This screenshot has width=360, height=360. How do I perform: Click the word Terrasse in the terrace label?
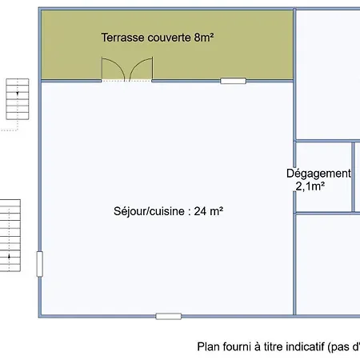122,38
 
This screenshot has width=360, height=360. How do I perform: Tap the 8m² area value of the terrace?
204,38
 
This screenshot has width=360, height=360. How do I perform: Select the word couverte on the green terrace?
169,38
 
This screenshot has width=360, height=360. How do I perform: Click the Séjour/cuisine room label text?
149,211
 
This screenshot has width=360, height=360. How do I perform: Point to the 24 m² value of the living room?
209,211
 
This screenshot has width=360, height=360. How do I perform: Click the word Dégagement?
318,174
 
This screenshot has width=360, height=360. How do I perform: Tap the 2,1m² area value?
310,186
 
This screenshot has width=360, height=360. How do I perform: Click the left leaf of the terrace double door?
113,69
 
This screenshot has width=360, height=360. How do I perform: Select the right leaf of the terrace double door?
141,69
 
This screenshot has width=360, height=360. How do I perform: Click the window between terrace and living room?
233,81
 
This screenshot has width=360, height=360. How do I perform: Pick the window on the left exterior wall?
40,264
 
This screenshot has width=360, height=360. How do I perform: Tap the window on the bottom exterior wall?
169,317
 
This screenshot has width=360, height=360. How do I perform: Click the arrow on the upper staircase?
18,93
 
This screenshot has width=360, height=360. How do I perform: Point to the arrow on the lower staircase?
9,257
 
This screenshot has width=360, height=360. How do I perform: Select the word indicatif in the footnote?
306,347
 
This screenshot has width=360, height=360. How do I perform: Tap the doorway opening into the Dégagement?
294,179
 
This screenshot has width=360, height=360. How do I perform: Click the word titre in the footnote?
274,347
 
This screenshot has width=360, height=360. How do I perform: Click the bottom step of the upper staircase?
18,116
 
